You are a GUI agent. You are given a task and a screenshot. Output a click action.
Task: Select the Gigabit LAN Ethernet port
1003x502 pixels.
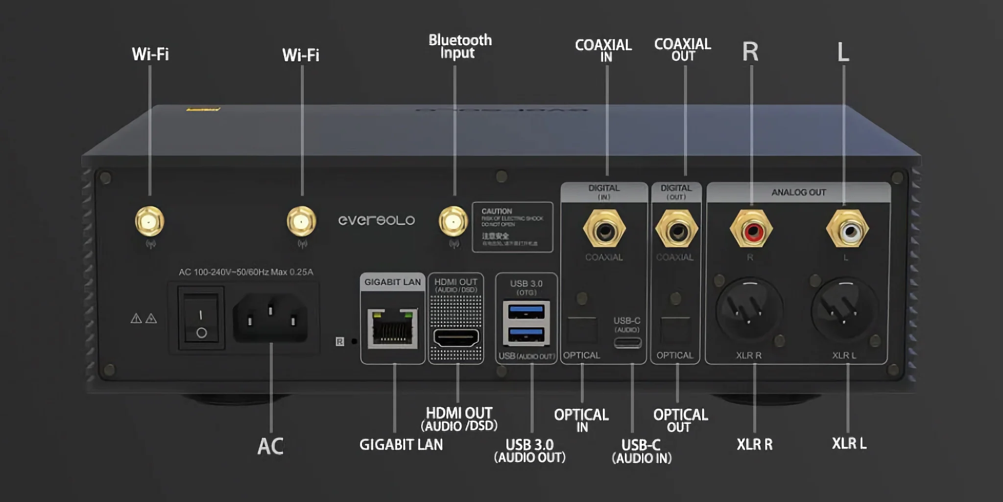coord(392,327)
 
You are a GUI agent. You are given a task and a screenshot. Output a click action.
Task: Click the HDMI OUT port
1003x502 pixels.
coord(456,338)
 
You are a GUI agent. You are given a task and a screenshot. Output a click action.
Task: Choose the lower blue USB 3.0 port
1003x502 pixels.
coord(526,335)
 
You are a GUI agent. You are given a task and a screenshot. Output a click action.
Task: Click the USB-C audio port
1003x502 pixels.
coord(627,342)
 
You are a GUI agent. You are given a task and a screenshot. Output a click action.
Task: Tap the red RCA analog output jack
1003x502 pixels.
coord(751,229)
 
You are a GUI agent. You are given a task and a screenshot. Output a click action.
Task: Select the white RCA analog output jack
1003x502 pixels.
coord(848,229)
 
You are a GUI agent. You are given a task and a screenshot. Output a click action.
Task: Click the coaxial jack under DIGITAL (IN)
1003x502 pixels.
coord(604,229)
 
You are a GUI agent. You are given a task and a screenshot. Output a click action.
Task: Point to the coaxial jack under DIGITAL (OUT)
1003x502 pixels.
coord(676,229)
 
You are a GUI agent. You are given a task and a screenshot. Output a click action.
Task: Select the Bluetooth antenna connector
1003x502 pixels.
coord(453,222)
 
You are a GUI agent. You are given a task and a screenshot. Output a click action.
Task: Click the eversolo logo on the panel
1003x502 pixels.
coord(376,221)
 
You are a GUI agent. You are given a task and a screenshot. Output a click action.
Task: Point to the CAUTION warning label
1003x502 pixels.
coord(512,227)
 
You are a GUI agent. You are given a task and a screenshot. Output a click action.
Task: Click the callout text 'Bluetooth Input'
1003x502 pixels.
coord(459,46)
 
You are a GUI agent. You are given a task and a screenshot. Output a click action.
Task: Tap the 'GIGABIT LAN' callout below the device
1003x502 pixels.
coord(401,445)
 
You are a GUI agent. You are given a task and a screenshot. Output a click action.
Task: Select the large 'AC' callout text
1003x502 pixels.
coord(270,447)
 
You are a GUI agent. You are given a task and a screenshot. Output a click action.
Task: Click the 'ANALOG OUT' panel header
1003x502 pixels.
coord(798,193)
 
